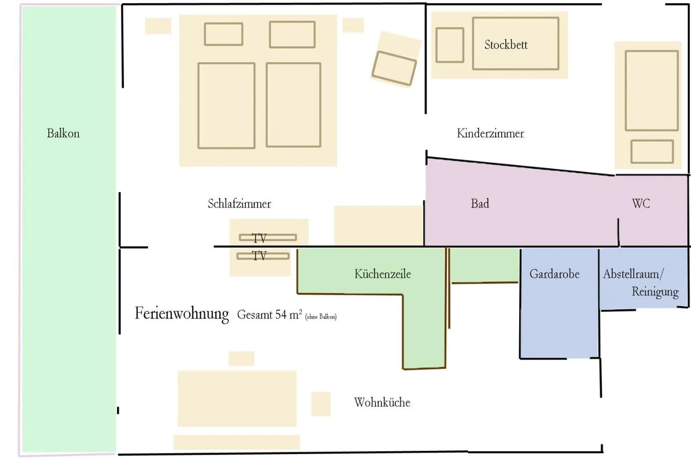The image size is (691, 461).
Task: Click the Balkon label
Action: click(63, 133)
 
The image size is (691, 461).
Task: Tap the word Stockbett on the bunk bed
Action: click(506, 45)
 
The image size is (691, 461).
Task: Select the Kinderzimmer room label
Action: click(490, 133)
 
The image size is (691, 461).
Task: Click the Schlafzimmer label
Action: click(239, 204)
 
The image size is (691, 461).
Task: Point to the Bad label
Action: click(480, 204)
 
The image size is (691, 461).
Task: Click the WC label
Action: click(641, 204)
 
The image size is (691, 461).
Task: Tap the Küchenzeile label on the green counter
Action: click(382, 274)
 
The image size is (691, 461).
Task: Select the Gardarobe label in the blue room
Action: click(554, 274)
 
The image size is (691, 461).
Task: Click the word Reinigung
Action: click(655, 292)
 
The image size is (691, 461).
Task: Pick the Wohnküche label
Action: click(382, 402)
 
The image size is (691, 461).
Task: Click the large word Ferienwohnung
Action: click(182, 314)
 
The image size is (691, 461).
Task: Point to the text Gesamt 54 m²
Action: click(269, 315)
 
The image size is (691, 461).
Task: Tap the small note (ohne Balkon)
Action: click(321, 317)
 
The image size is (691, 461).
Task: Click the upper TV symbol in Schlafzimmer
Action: click(267, 237)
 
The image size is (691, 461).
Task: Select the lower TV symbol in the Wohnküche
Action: click(263, 256)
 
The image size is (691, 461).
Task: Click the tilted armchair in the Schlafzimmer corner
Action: click(394, 68)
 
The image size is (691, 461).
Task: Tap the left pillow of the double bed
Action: click(223, 34)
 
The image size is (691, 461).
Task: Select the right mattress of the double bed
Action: click(293, 105)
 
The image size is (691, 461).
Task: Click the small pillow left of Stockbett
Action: click(450, 45)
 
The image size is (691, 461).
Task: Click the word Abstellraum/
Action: click(633, 274)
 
